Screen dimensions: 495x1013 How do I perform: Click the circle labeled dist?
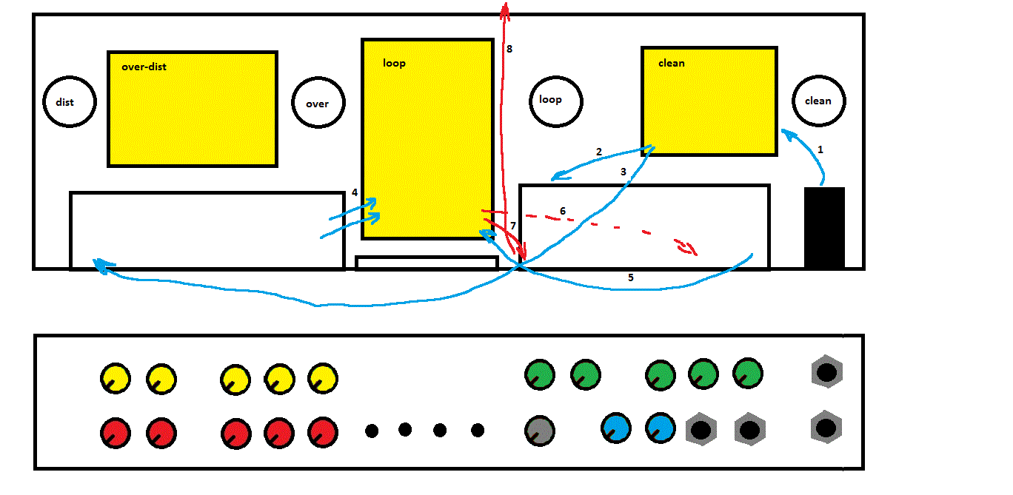tap(70, 101)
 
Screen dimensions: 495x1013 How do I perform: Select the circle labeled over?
tap(318, 103)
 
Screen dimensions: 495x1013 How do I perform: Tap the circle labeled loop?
tap(556, 99)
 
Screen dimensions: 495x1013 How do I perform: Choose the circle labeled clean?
tap(818, 100)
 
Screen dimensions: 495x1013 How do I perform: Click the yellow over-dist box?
tap(193, 109)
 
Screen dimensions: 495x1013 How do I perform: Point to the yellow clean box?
tap(709, 101)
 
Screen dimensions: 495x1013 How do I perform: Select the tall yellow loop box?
tap(427, 138)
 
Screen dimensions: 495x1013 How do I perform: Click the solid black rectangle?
tap(824, 227)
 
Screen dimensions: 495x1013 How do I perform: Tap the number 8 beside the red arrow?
tap(509, 49)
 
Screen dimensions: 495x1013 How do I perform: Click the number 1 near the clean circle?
tap(820, 149)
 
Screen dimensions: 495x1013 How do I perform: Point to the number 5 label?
tap(631, 277)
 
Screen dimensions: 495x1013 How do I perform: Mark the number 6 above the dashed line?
tap(563, 211)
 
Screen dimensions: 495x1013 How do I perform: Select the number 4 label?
tap(355, 192)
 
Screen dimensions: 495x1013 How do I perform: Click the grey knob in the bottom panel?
tap(540, 431)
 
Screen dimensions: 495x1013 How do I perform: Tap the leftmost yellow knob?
tap(116, 379)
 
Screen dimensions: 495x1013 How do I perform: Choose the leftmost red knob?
tap(116, 433)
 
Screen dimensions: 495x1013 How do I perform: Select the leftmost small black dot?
tap(372, 431)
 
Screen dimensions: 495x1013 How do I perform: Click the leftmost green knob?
tap(540, 374)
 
